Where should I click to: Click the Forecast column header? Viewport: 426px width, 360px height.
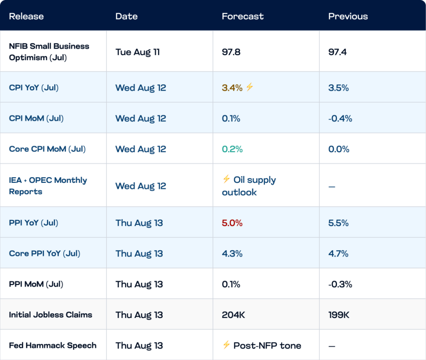tap(243, 16)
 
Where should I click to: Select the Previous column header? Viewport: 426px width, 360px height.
tap(348, 16)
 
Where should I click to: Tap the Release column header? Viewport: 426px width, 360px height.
tap(26, 16)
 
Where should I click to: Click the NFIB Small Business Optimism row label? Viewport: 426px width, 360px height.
tap(49, 52)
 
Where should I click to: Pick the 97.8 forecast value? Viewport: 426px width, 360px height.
tap(231, 52)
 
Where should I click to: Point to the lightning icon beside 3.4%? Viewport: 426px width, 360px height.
tap(250, 87)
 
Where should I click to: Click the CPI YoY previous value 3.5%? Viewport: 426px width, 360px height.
tap(339, 88)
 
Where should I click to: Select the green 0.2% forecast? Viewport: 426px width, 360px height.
tap(232, 149)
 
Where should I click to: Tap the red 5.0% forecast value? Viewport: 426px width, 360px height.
tap(232, 223)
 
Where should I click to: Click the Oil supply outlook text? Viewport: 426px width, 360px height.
tap(249, 186)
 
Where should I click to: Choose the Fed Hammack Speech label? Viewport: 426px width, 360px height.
tap(53, 345)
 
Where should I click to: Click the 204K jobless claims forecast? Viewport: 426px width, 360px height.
tap(233, 315)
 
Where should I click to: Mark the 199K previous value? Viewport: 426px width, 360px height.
tap(339, 315)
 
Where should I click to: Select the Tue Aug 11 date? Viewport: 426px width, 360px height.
tap(138, 52)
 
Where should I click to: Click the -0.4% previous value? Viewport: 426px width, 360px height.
tap(340, 118)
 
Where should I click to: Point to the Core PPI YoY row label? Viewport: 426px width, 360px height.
tap(45, 253)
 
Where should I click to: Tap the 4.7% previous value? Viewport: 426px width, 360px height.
tap(339, 254)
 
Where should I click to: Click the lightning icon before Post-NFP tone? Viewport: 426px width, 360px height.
tap(226, 345)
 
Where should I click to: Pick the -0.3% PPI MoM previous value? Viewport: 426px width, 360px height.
tap(340, 284)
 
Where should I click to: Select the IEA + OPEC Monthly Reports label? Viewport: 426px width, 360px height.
tap(48, 186)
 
